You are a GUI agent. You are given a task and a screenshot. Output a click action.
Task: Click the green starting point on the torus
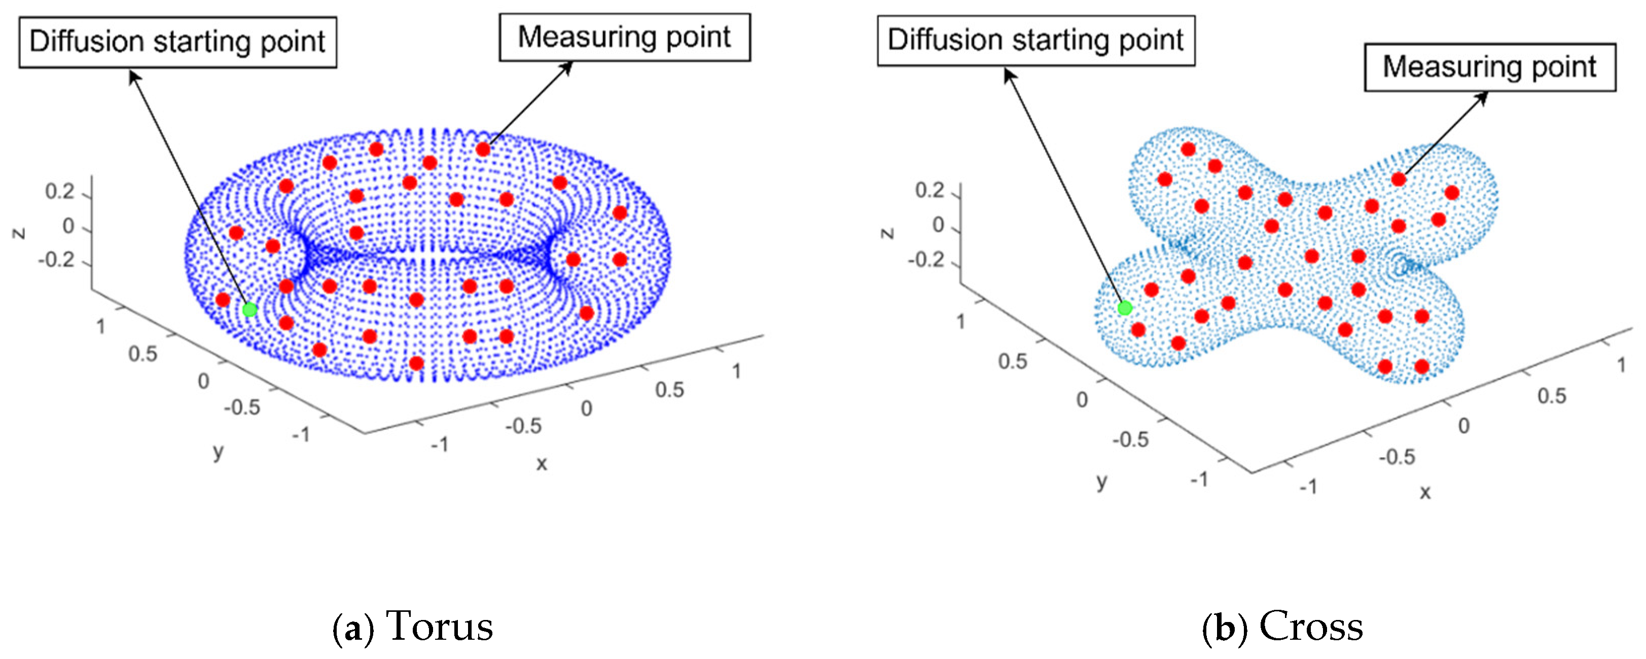(250, 310)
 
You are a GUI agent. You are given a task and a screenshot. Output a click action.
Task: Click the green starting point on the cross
(1125, 308)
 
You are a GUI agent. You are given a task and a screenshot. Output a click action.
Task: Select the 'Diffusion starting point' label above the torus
(177, 42)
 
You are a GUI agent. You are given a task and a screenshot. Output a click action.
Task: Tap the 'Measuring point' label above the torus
(624, 37)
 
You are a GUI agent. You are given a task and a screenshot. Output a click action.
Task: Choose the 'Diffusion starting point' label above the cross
(1036, 40)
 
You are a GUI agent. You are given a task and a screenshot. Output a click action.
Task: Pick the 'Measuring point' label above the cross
(1489, 67)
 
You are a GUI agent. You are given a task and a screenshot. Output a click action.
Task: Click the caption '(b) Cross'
(1282, 627)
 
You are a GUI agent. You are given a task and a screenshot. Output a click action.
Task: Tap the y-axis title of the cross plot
(1101, 481)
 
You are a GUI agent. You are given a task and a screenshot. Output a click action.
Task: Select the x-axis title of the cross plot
(1425, 492)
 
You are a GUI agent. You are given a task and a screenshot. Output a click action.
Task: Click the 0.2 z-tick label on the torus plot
(59, 191)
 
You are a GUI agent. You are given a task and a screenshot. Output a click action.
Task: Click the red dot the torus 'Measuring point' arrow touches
(483, 150)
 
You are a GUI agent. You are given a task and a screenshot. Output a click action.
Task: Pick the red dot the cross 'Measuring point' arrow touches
(1399, 179)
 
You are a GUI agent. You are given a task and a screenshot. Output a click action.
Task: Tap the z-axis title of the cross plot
(887, 232)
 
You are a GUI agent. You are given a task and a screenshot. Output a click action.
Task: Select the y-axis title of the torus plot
(219, 452)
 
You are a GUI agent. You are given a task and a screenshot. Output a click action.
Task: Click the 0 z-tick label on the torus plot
(68, 226)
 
